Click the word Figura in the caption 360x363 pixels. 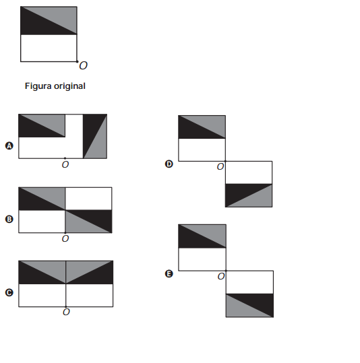coord(38,86)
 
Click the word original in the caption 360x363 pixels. coord(69,86)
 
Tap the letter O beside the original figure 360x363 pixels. coord(83,66)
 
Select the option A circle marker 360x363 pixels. coord(9,146)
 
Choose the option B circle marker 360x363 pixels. coord(9,220)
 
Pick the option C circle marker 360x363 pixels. coord(9,292)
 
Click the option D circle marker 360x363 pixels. coord(169,164)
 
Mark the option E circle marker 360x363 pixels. coord(169,274)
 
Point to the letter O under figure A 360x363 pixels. coord(65,164)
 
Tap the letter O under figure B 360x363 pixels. coord(65,238)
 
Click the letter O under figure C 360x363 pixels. coord(66,312)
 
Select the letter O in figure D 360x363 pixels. coord(220,167)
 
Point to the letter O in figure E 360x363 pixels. coord(221,276)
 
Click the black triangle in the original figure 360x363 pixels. coord(39,26)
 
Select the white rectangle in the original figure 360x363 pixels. coord(49,48)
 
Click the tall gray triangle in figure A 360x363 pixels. coord(99,143)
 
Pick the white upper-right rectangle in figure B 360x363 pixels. coord(88,199)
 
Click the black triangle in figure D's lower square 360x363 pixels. coord(241,192)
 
